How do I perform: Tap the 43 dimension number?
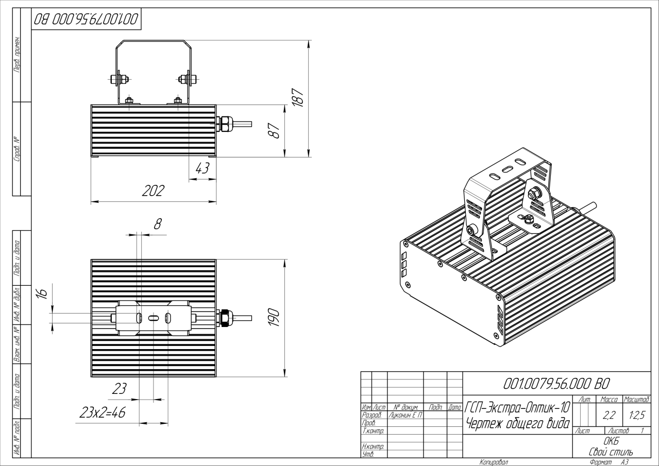tap(203, 168)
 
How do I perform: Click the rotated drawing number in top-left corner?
tap(86, 20)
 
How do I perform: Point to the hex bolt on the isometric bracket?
tap(534, 193)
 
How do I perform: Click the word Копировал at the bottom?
tap(494, 462)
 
